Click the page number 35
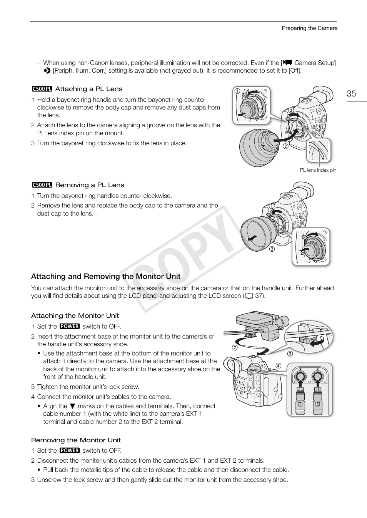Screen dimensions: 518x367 351,94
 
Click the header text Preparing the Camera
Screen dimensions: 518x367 309,28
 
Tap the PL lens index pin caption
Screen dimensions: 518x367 318,170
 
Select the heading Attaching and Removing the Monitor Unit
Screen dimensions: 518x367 105,277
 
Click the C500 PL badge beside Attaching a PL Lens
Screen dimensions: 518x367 42,89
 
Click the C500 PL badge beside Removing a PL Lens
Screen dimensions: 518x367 42,185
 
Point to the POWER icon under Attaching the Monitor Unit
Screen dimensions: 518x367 70,326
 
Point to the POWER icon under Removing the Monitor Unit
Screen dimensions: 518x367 70,450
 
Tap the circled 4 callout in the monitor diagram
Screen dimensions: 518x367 278,365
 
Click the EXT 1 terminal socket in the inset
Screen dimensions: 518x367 298,376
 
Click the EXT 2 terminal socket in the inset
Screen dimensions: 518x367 317,376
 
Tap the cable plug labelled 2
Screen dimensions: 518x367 317,402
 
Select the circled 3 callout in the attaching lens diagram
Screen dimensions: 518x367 291,111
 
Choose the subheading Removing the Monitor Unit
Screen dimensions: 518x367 76,440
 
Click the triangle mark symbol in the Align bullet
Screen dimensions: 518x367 72,406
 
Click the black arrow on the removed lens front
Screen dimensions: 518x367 252,239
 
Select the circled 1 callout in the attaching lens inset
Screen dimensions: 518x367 237,91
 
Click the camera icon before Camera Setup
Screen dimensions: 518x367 288,63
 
